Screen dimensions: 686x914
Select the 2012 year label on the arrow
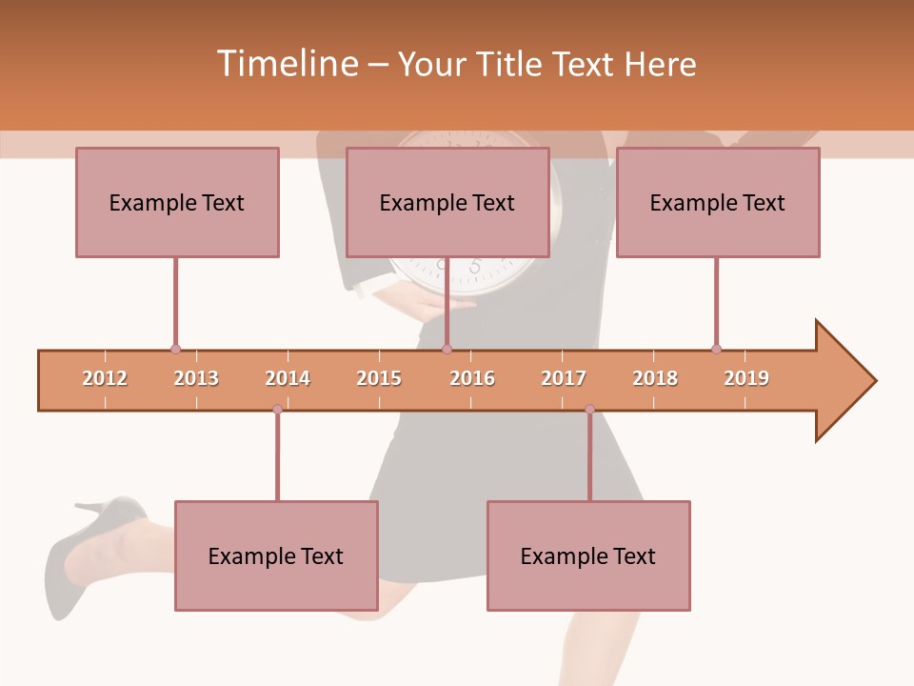click(x=105, y=378)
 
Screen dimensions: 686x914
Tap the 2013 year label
click(x=196, y=378)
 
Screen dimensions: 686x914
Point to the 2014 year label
click(x=288, y=378)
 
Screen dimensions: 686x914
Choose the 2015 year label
click(x=379, y=378)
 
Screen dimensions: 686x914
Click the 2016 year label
click(x=472, y=378)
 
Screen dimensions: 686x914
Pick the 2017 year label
click(x=564, y=378)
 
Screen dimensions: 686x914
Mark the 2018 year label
click(x=655, y=378)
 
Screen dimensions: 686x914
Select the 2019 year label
click(x=746, y=378)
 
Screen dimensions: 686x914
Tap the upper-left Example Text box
click(x=177, y=202)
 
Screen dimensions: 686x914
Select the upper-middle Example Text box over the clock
click(x=447, y=202)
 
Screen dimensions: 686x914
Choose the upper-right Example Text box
click(x=718, y=202)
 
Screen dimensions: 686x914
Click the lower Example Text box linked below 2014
click(x=276, y=555)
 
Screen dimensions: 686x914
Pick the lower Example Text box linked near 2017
click(x=588, y=555)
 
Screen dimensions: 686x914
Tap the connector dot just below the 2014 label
click(x=277, y=409)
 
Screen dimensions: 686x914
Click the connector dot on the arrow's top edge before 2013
click(x=175, y=349)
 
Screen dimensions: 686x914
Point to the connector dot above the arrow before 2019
click(x=716, y=349)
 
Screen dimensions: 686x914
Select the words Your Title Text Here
click(x=546, y=64)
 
